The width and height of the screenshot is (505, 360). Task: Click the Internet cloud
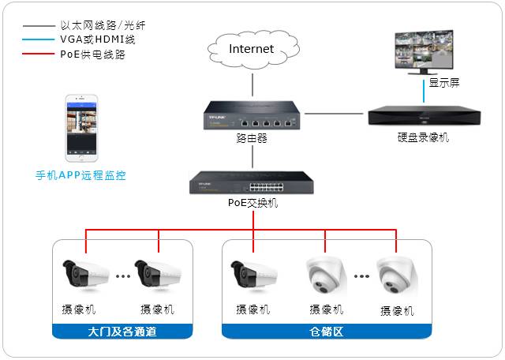(x=251, y=51)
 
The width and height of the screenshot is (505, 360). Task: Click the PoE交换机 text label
(x=252, y=203)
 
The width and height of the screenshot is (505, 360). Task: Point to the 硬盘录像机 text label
(x=423, y=137)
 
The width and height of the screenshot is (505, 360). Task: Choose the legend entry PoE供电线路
(x=92, y=54)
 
